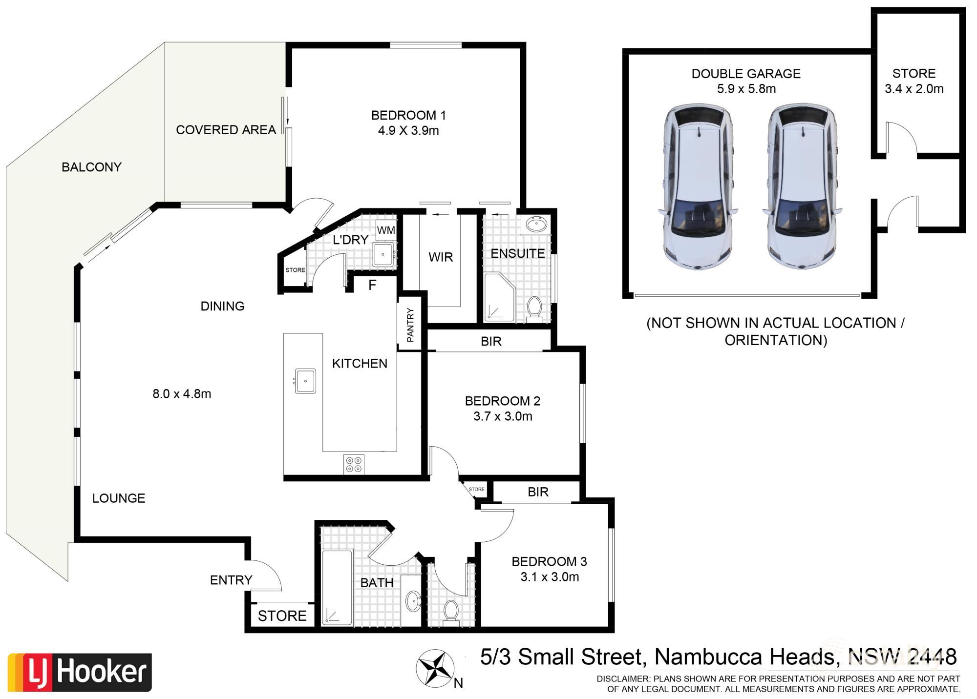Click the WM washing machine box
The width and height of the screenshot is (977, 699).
[x=386, y=230]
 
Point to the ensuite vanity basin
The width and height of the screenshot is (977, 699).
[x=537, y=225]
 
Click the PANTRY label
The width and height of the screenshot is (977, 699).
[x=410, y=325]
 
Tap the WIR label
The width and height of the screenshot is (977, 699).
[x=441, y=257]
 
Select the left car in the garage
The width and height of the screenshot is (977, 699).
[x=699, y=188]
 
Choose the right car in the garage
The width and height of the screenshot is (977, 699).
[x=803, y=188]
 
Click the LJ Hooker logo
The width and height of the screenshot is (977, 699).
[x=80, y=672]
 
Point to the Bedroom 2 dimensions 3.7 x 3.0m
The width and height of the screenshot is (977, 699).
[x=503, y=416]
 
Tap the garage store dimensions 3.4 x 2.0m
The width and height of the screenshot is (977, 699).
[x=914, y=89]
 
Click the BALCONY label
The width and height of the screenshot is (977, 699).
[x=91, y=167]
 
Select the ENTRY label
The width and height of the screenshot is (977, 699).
[x=231, y=580]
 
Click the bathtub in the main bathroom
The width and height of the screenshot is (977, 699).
[x=337, y=588]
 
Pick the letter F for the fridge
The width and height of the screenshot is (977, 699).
[x=372, y=285]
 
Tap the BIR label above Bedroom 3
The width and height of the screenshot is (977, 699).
[x=538, y=492]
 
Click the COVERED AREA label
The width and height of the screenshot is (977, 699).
[x=226, y=130]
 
